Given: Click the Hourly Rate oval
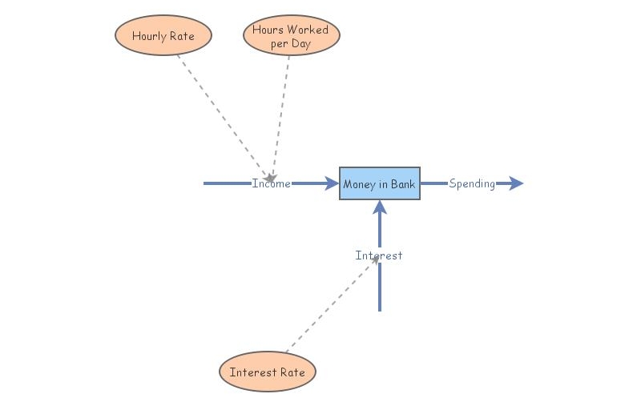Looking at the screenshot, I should point(163,36).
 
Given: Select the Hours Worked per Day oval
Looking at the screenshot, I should point(291,36).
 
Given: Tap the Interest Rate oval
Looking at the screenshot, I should point(268,372).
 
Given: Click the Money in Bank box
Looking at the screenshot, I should point(379,183).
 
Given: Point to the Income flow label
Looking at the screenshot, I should point(271,183).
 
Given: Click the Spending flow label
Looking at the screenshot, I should point(471,183).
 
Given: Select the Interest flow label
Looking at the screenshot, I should point(379,255).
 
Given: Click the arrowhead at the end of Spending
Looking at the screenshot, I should point(515,183).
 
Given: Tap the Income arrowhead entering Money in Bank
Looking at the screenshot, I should point(331,183).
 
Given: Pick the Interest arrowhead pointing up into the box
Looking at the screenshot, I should point(380,207).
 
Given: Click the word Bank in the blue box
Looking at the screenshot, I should point(402,184).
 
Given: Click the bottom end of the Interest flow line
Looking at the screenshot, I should point(380,308).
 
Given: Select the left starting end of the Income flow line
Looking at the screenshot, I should point(207,183).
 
